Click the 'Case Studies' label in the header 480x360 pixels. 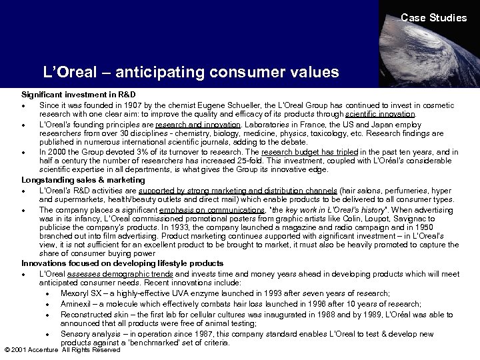pyautogui.click(x=433, y=18)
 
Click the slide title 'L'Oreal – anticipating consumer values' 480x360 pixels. pyautogui.click(x=191, y=71)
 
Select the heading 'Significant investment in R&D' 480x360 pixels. pyautogui.click(x=79, y=95)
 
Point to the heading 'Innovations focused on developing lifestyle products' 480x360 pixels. pyautogui.click(x=123, y=263)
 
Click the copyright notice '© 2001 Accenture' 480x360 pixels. pyautogui.click(x=31, y=349)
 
